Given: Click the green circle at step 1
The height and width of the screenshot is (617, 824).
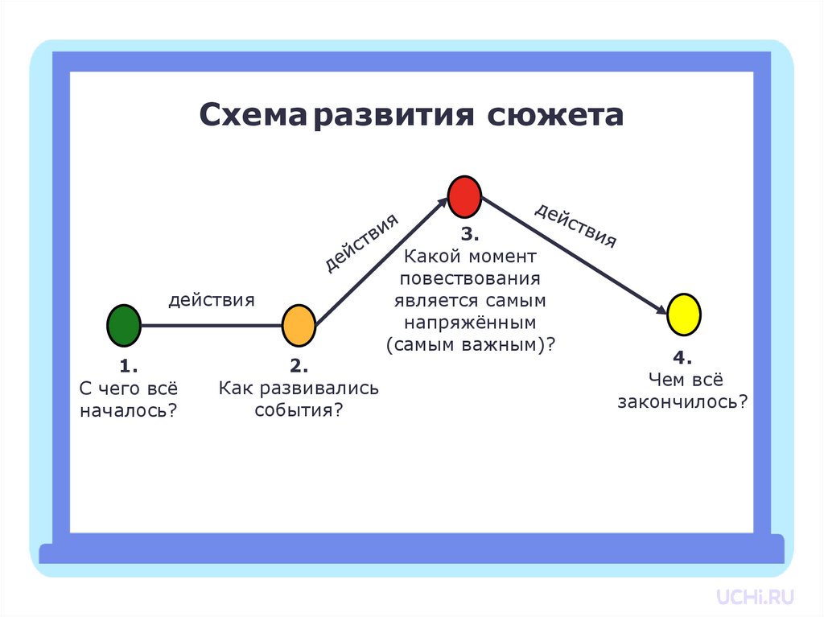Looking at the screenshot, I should point(124,325).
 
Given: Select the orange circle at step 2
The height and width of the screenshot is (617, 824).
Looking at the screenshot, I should point(299,325).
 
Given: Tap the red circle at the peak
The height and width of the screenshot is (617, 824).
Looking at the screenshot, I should point(464,196).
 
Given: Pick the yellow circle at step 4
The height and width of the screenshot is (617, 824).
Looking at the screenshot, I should point(684,315).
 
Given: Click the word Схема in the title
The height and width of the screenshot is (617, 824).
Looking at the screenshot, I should point(255,114).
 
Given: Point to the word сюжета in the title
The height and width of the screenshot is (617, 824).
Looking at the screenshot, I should point(555,114).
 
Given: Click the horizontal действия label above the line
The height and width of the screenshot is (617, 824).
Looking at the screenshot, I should point(212,300).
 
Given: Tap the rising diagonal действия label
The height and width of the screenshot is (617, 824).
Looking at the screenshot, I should point(361,243).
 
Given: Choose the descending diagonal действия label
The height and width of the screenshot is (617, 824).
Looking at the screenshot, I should point(575,225).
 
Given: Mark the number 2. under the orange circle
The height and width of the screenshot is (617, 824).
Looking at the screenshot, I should point(299,367).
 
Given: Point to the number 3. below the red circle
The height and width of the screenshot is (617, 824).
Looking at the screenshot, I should point(470,235).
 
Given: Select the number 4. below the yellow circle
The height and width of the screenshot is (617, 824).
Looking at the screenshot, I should point(682,357).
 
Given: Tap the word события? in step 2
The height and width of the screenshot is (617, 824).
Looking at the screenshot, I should point(299,410).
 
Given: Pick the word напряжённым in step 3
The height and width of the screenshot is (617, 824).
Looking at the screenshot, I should point(470,323).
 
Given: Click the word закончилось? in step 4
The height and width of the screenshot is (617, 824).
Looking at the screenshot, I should point(682,401).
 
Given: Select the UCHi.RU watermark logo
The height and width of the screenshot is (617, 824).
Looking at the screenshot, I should point(756,596).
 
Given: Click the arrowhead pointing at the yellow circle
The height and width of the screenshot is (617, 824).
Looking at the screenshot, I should point(661,310).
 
